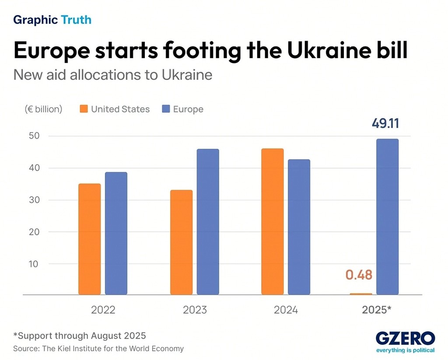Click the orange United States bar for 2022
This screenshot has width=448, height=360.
point(90,239)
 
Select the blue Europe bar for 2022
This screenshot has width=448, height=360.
point(116,234)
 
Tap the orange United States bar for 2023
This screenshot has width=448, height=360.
point(181,242)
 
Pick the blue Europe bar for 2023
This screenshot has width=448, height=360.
point(208,222)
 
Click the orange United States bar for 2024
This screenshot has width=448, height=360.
point(273,222)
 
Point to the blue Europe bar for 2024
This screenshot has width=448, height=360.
point(299,227)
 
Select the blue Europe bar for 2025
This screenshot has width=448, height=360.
point(388,217)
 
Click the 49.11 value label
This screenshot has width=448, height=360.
point(385,123)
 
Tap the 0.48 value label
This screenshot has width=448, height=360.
point(359,275)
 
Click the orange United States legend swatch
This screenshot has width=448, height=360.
point(83,109)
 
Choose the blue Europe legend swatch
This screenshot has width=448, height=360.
point(165,109)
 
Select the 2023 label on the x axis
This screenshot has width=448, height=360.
point(195,310)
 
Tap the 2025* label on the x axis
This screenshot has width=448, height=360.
point(377,310)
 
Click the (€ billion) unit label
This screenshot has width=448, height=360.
point(43,109)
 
